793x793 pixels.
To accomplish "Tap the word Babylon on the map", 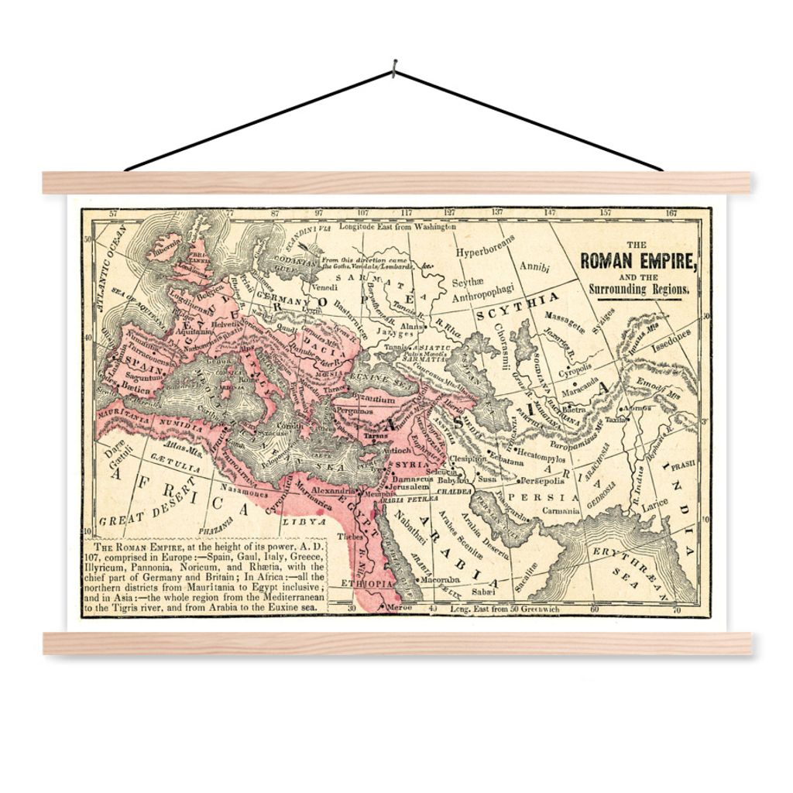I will click(454, 480).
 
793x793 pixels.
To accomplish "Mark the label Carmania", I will click(561, 511).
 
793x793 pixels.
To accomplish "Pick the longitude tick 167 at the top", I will click(671, 211).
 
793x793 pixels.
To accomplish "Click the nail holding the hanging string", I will click(394, 68).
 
